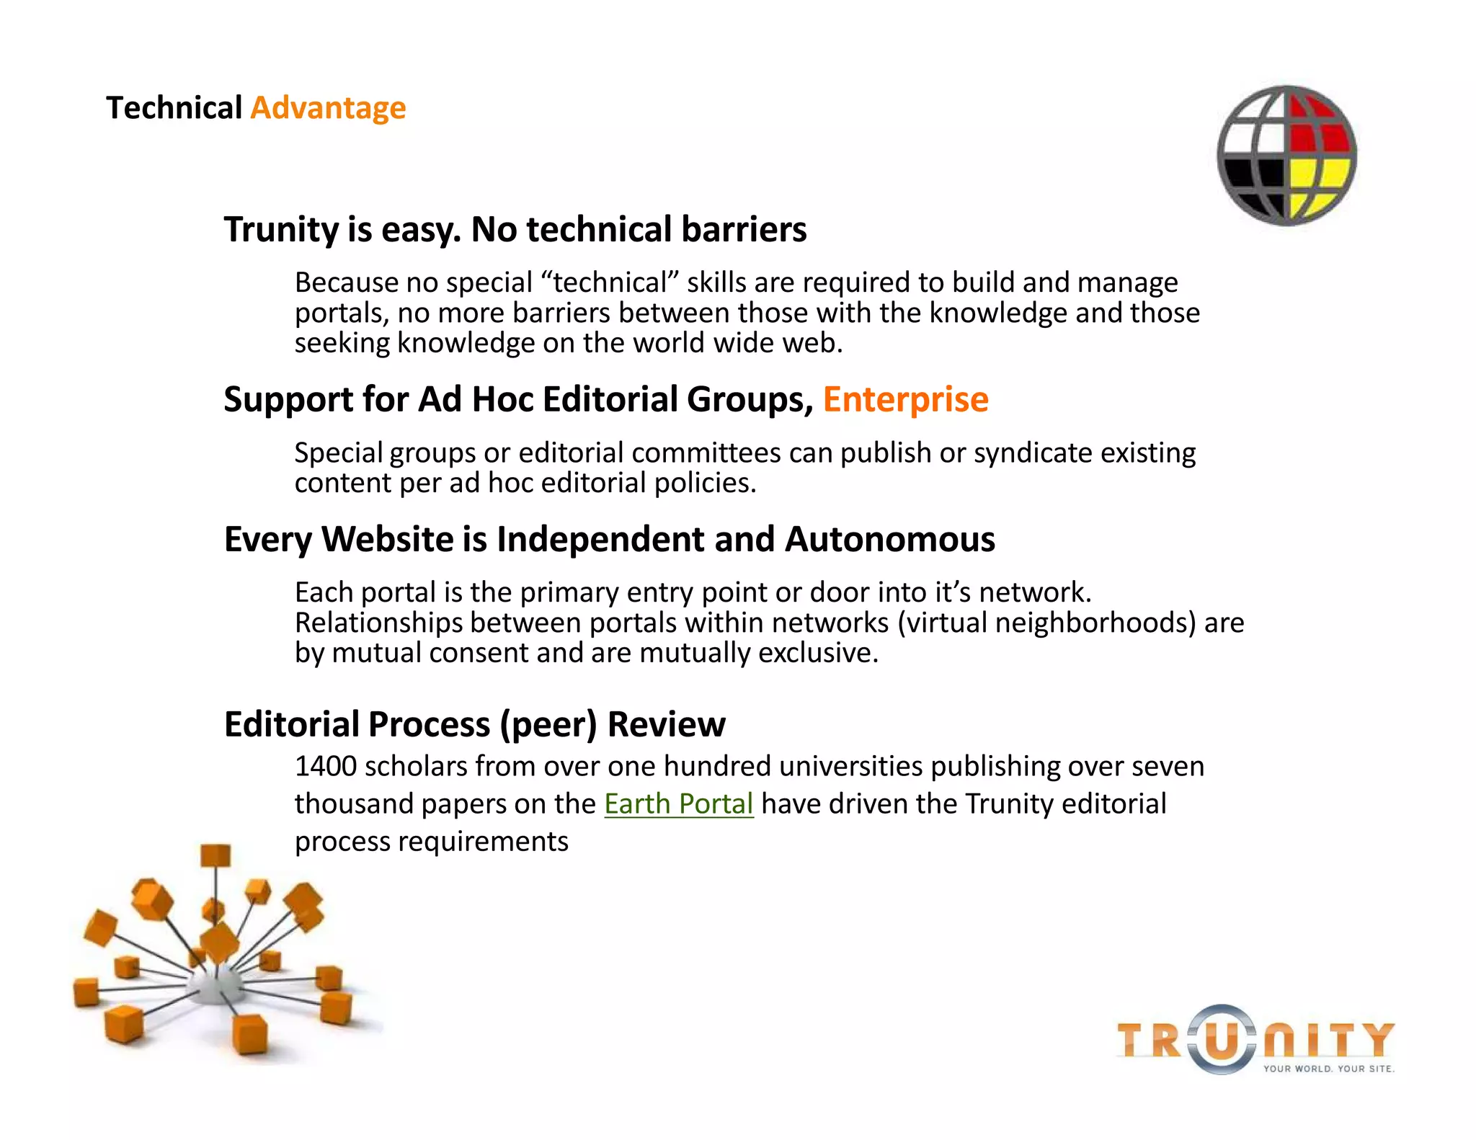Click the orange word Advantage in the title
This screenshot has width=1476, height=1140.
(x=328, y=108)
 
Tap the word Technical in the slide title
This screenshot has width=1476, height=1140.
(x=174, y=108)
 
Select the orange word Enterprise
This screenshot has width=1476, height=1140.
(x=905, y=399)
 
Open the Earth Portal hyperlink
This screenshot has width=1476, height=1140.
(x=678, y=803)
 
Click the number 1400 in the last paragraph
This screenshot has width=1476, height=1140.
(x=325, y=766)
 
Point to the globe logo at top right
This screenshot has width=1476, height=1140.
(x=1286, y=156)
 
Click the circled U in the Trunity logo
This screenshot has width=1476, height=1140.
(x=1221, y=1040)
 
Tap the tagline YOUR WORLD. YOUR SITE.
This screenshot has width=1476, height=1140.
(x=1328, y=1069)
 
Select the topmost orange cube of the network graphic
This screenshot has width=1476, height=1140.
(x=215, y=855)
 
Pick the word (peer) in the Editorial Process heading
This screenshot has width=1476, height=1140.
(x=548, y=724)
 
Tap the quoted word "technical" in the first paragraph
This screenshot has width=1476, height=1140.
(x=610, y=282)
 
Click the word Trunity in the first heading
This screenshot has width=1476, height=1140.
(x=281, y=230)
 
